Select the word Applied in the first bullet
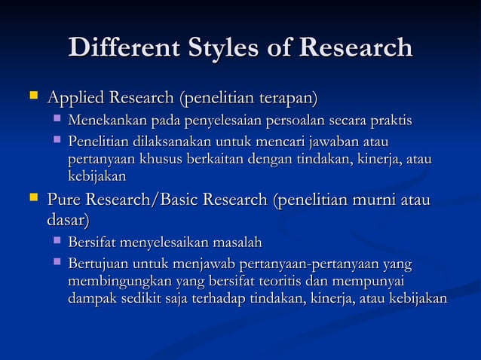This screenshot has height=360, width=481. click(x=77, y=99)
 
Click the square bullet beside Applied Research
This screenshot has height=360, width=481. click(x=32, y=97)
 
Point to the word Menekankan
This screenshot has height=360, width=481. click(x=107, y=122)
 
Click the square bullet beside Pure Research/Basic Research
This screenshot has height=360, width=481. click(x=32, y=199)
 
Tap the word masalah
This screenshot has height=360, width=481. click(x=234, y=243)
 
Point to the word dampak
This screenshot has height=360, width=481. click(x=91, y=299)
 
